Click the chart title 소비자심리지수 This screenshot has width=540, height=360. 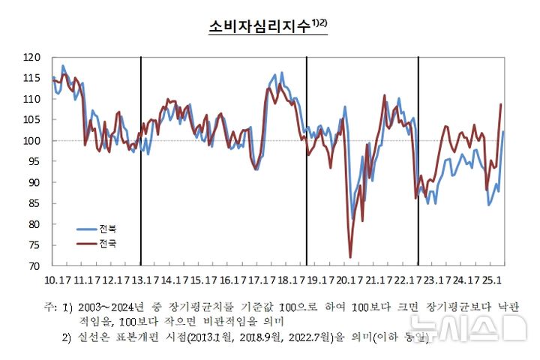pos(259,27)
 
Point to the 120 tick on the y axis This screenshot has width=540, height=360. pos(31,57)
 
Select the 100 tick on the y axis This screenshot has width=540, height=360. pos(31,141)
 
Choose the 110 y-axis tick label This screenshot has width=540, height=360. pos(31,99)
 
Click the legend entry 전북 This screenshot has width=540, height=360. pos(108,227)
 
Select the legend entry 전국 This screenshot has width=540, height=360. pos(108,244)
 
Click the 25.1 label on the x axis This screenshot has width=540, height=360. pos(493,280)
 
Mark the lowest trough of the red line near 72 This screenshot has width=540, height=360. pos(350,257)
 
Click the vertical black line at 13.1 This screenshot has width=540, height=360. pos(141,161)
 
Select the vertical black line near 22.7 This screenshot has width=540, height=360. pos(418,161)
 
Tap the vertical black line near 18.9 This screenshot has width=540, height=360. pos(307,161)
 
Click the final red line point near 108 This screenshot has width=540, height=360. pos(501,105)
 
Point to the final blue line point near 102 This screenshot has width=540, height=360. pos(502,132)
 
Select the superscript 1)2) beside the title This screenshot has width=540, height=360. pos(320,23)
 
